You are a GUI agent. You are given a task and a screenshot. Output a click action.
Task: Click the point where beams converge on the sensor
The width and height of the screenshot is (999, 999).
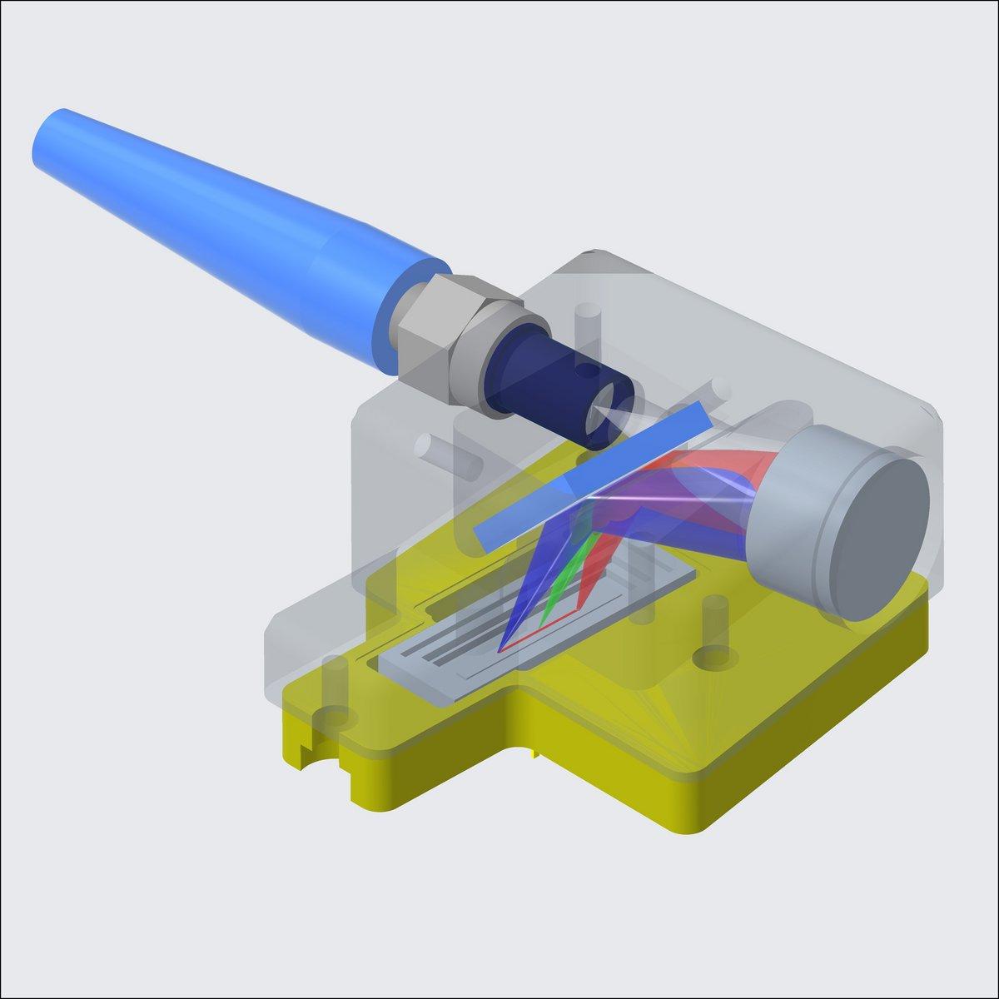point(502,648)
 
